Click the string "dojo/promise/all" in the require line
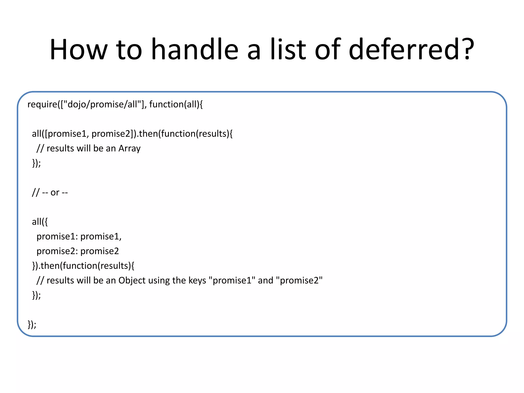click(102, 104)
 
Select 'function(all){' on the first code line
click(176, 104)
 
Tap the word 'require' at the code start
click(42, 104)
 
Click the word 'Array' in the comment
click(129, 148)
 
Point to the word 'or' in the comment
click(55, 192)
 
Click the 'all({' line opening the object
click(40, 222)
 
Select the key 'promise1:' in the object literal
click(57, 236)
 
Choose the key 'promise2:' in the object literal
click(57, 251)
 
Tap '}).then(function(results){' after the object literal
click(83, 266)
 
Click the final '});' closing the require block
click(32, 324)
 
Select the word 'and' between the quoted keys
click(266, 281)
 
